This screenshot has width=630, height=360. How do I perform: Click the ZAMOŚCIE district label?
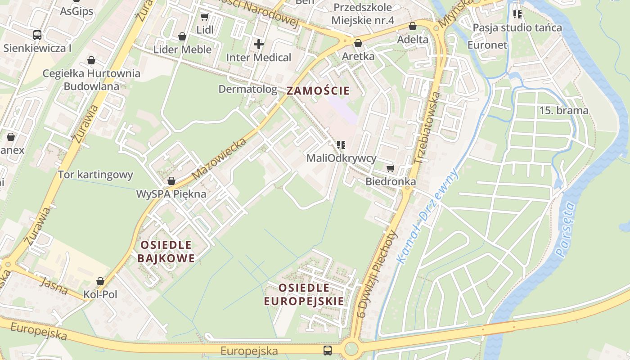point(318,90)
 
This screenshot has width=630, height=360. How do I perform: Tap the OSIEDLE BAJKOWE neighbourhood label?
point(166,252)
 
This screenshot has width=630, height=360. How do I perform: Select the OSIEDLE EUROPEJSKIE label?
point(304,295)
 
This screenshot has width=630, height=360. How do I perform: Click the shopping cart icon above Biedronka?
point(390,168)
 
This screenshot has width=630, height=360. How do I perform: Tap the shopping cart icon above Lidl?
point(204,17)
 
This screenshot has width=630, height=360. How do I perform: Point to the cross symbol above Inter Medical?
point(258,44)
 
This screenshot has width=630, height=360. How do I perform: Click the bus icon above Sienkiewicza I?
point(37,35)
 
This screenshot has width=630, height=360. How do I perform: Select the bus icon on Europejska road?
point(328,350)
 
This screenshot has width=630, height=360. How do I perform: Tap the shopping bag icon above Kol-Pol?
point(100,281)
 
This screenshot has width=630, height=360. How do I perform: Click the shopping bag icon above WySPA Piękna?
point(171,181)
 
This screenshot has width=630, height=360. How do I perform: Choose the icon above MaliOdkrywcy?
point(341,145)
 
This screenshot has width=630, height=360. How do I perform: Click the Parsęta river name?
point(566,229)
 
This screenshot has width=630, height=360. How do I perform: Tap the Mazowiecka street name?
point(219,158)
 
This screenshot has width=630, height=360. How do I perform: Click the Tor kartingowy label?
point(95,175)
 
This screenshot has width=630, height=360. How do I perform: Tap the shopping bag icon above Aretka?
point(358,43)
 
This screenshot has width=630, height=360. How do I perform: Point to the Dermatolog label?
point(247,89)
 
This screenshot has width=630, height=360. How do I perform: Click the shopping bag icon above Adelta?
point(412,27)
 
